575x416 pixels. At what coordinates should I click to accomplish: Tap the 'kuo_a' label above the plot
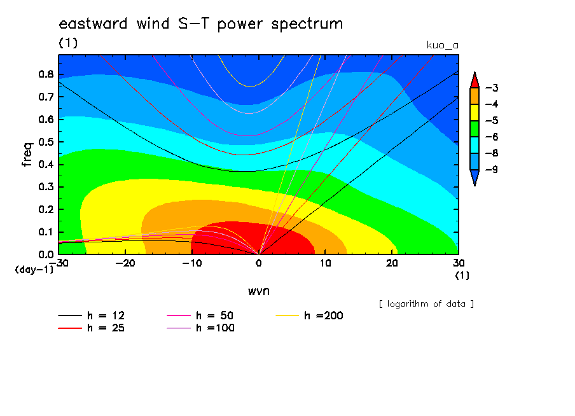point(443,45)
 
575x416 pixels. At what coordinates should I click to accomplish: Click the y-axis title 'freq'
point(27,155)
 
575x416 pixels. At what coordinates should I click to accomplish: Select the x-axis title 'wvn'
point(259,291)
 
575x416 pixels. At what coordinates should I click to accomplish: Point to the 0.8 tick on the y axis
point(46,74)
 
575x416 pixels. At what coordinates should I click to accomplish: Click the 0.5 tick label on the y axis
point(46,142)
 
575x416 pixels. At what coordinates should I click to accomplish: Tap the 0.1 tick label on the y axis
point(46,232)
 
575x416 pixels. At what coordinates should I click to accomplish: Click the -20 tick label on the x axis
point(125,263)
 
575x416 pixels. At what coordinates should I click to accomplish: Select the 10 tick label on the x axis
point(325,263)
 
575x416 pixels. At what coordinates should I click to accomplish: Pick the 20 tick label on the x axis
point(392,263)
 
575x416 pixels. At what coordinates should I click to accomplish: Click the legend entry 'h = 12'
point(92,315)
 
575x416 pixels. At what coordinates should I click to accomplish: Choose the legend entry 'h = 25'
point(92,328)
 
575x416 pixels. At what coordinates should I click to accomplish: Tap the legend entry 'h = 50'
point(200,315)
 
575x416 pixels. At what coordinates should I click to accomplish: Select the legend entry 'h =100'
point(200,328)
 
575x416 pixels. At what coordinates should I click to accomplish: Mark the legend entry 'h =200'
point(309,315)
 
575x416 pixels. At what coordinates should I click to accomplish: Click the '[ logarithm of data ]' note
point(427,304)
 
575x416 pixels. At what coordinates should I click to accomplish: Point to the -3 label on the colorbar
point(492,88)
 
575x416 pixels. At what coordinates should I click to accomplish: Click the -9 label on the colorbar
point(492,169)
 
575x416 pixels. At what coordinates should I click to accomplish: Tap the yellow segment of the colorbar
point(475,112)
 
